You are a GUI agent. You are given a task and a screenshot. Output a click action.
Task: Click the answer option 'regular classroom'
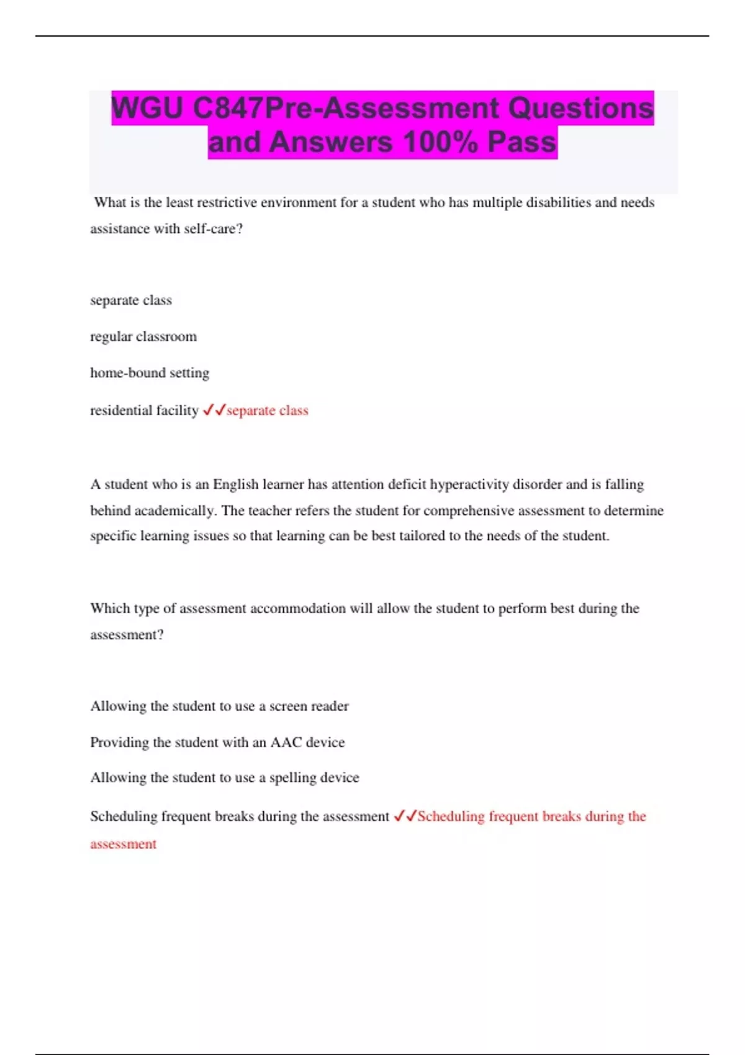(x=143, y=336)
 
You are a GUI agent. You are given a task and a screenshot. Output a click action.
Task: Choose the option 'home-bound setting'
(x=150, y=373)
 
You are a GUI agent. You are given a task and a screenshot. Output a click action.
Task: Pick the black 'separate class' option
(x=131, y=300)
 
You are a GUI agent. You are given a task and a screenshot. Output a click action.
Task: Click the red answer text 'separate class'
(x=268, y=410)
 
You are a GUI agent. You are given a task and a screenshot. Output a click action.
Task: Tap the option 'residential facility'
(x=144, y=410)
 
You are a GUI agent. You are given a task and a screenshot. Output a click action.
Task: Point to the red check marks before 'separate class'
(x=214, y=410)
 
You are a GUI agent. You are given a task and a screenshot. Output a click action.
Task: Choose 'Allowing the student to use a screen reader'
(x=219, y=706)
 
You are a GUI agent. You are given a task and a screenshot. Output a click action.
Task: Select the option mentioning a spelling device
(x=224, y=778)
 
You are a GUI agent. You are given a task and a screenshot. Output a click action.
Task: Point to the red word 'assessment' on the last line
(x=123, y=844)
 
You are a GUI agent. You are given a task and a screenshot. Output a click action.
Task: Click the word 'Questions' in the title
(x=580, y=109)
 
